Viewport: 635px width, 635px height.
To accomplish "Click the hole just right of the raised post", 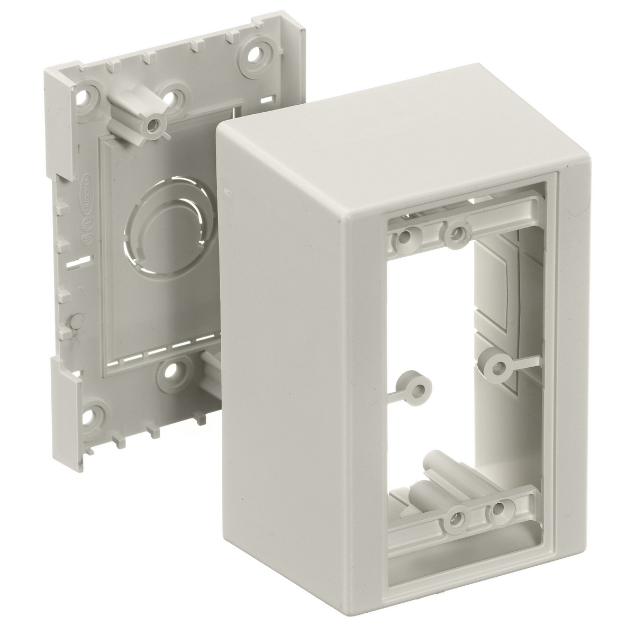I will (175, 98).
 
